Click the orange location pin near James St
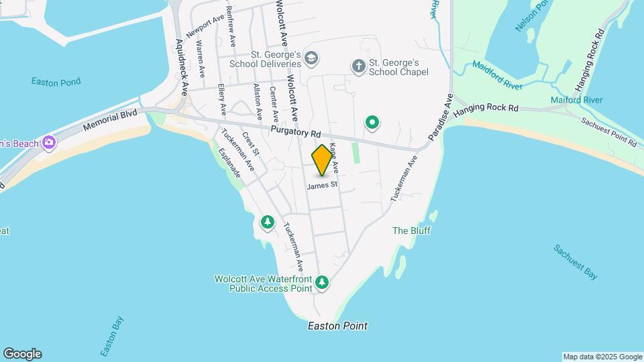click(x=322, y=160)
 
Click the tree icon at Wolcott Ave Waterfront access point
click(x=323, y=283)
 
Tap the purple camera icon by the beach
click(x=48, y=142)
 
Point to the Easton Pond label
click(x=56, y=82)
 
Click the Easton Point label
click(x=337, y=326)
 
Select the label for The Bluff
click(x=411, y=231)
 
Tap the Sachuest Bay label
click(x=576, y=261)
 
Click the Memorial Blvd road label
click(x=110, y=121)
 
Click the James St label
click(x=321, y=185)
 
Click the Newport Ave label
click(x=205, y=27)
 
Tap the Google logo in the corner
click(x=22, y=354)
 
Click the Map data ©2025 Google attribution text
click(x=602, y=357)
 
